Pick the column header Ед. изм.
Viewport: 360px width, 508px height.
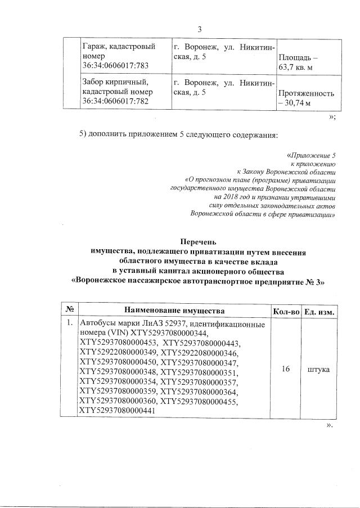pos(319,311)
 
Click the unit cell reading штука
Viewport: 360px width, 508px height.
pos(319,368)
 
